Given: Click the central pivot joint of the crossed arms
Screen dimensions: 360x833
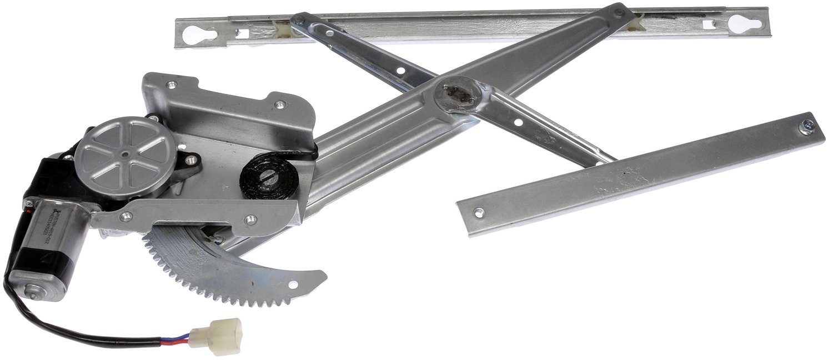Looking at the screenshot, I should click(x=457, y=95).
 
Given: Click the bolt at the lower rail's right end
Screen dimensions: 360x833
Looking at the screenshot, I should click(x=804, y=127).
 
